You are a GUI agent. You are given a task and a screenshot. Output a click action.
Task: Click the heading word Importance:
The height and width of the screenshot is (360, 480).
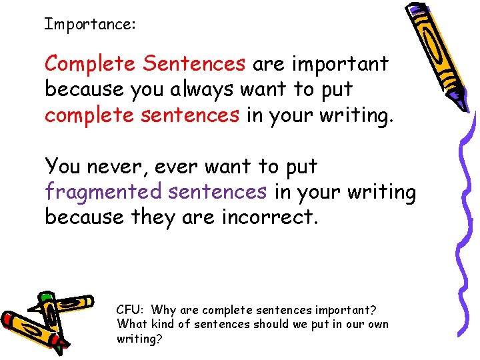pyautogui.click(x=90, y=25)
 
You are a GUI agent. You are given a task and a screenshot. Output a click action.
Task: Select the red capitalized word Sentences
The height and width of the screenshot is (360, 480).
pyautogui.click(x=194, y=64)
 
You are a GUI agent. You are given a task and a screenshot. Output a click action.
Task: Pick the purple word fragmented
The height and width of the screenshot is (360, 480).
pyautogui.click(x=103, y=192)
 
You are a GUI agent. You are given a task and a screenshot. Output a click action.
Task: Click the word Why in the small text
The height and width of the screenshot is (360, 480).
pyautogui.click(x=163, y=310)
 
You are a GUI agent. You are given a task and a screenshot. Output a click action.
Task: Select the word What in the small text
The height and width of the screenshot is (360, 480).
pyautogui.click(x=129, y=325)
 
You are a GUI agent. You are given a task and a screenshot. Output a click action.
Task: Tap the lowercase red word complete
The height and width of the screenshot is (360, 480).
pyautogui.click(x=90, y=115)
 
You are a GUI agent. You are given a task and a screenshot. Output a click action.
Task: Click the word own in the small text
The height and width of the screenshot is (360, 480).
pyautogui.click(x=378, y=325)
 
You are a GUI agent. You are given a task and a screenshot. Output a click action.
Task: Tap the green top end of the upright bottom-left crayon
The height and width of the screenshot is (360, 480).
pyautogui.click(x=46, y=298)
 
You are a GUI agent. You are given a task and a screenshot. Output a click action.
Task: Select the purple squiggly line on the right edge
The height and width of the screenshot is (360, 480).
pyautogui.click(x=467, y=220)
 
